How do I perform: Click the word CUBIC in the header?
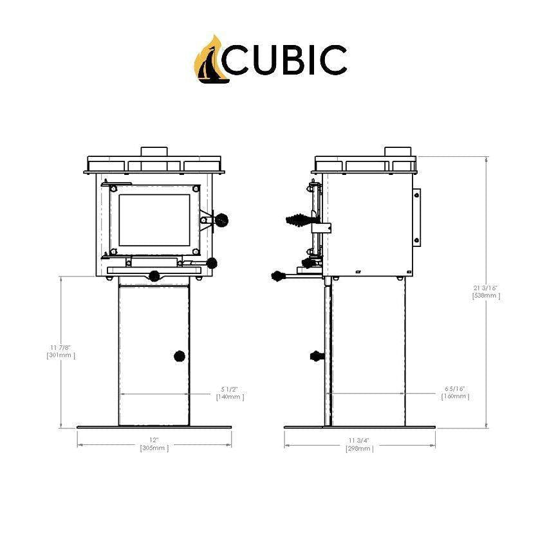click(288, 60)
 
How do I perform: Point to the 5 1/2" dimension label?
click(230, 389)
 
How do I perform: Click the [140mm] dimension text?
click(230, 397)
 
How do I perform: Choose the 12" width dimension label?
click(154, 440)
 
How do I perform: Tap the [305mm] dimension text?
click(154, 448)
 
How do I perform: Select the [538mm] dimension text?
click(486, 296)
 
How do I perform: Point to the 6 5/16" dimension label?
click(454, 389)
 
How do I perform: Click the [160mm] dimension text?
click(454, 397)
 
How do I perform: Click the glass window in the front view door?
click(154, 219)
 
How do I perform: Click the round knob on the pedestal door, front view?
click(180, 356)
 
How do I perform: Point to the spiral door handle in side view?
click(297, 220)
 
